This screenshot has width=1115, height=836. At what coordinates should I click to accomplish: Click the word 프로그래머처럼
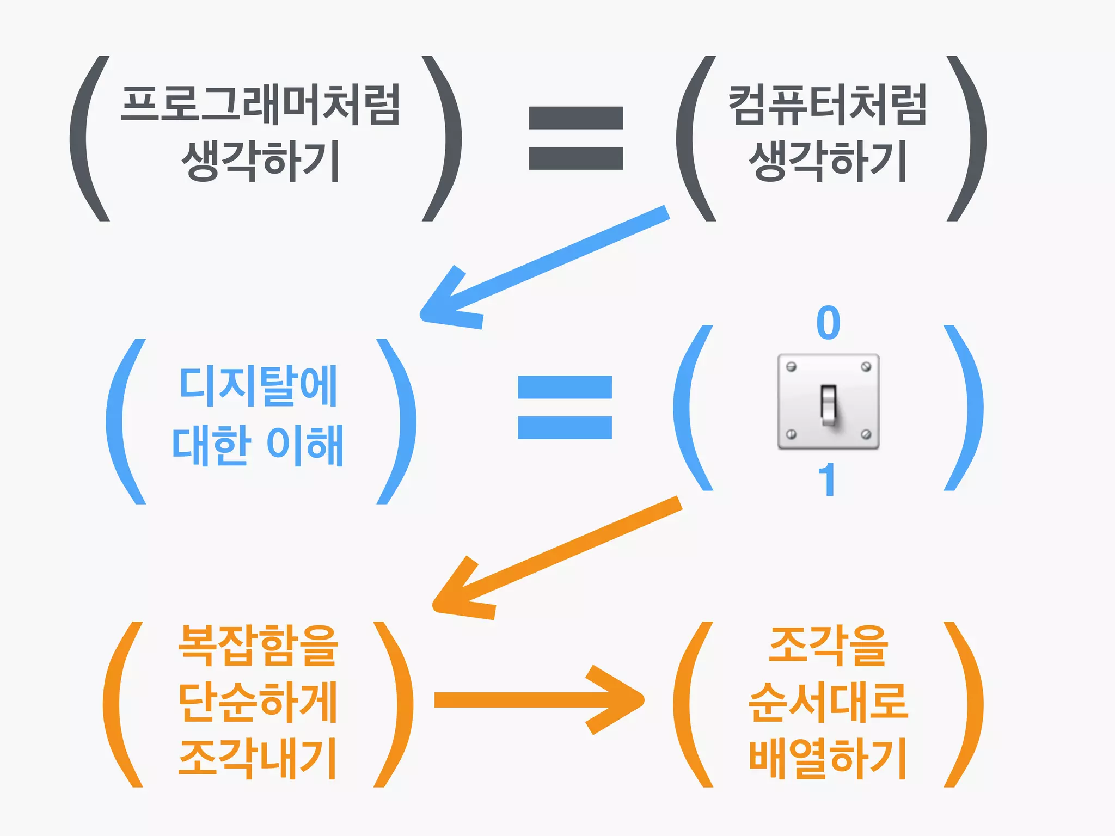pyautogui.click(x=260, y=104)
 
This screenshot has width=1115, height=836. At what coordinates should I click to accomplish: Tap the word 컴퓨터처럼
pyautogui.click(x=828, y=104)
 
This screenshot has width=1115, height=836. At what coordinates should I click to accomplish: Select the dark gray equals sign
pyautogui.click(x=575, y=138)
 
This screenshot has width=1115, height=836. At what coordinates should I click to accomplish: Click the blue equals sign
pyautogui.click(x=565, y=407)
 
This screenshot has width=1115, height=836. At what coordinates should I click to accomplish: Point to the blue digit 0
pyautogui.click(x=828, y=323)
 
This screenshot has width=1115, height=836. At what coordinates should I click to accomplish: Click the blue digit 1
pyautogui.click(x=827, y=480)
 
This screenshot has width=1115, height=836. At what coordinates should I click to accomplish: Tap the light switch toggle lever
pyautogui.click(x=828, y=405)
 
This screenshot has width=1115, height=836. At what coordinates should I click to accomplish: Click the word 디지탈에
pyautogui.click(x=259, y=386)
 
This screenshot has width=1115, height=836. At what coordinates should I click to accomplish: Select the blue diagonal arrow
pyautogui.click(x=544, y=267)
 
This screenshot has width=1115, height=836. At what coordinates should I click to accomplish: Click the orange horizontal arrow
pyautogui.click(x=539, y=700)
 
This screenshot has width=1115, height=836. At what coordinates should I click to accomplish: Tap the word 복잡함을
pyautogui.click(x=259, y=646)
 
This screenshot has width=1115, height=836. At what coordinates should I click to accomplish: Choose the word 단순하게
pyautogui.click(x=259, y=702)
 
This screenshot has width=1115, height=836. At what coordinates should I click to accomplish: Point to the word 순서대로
pyautogui.click(x=828, y=702)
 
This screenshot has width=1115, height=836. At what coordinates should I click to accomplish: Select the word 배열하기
pyautogui.click(x=828, y=759)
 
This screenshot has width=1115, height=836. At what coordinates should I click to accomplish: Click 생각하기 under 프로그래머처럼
pyautogui.click(x=260, y=161)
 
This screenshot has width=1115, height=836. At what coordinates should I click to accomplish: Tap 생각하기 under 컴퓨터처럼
pyautogui.click(x=828, y=161)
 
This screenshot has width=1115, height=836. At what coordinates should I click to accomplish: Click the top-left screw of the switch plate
pyautogui.click(x=792, y=367)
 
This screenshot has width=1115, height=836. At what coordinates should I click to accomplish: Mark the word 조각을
pyautogui.click(x=828, y=646)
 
